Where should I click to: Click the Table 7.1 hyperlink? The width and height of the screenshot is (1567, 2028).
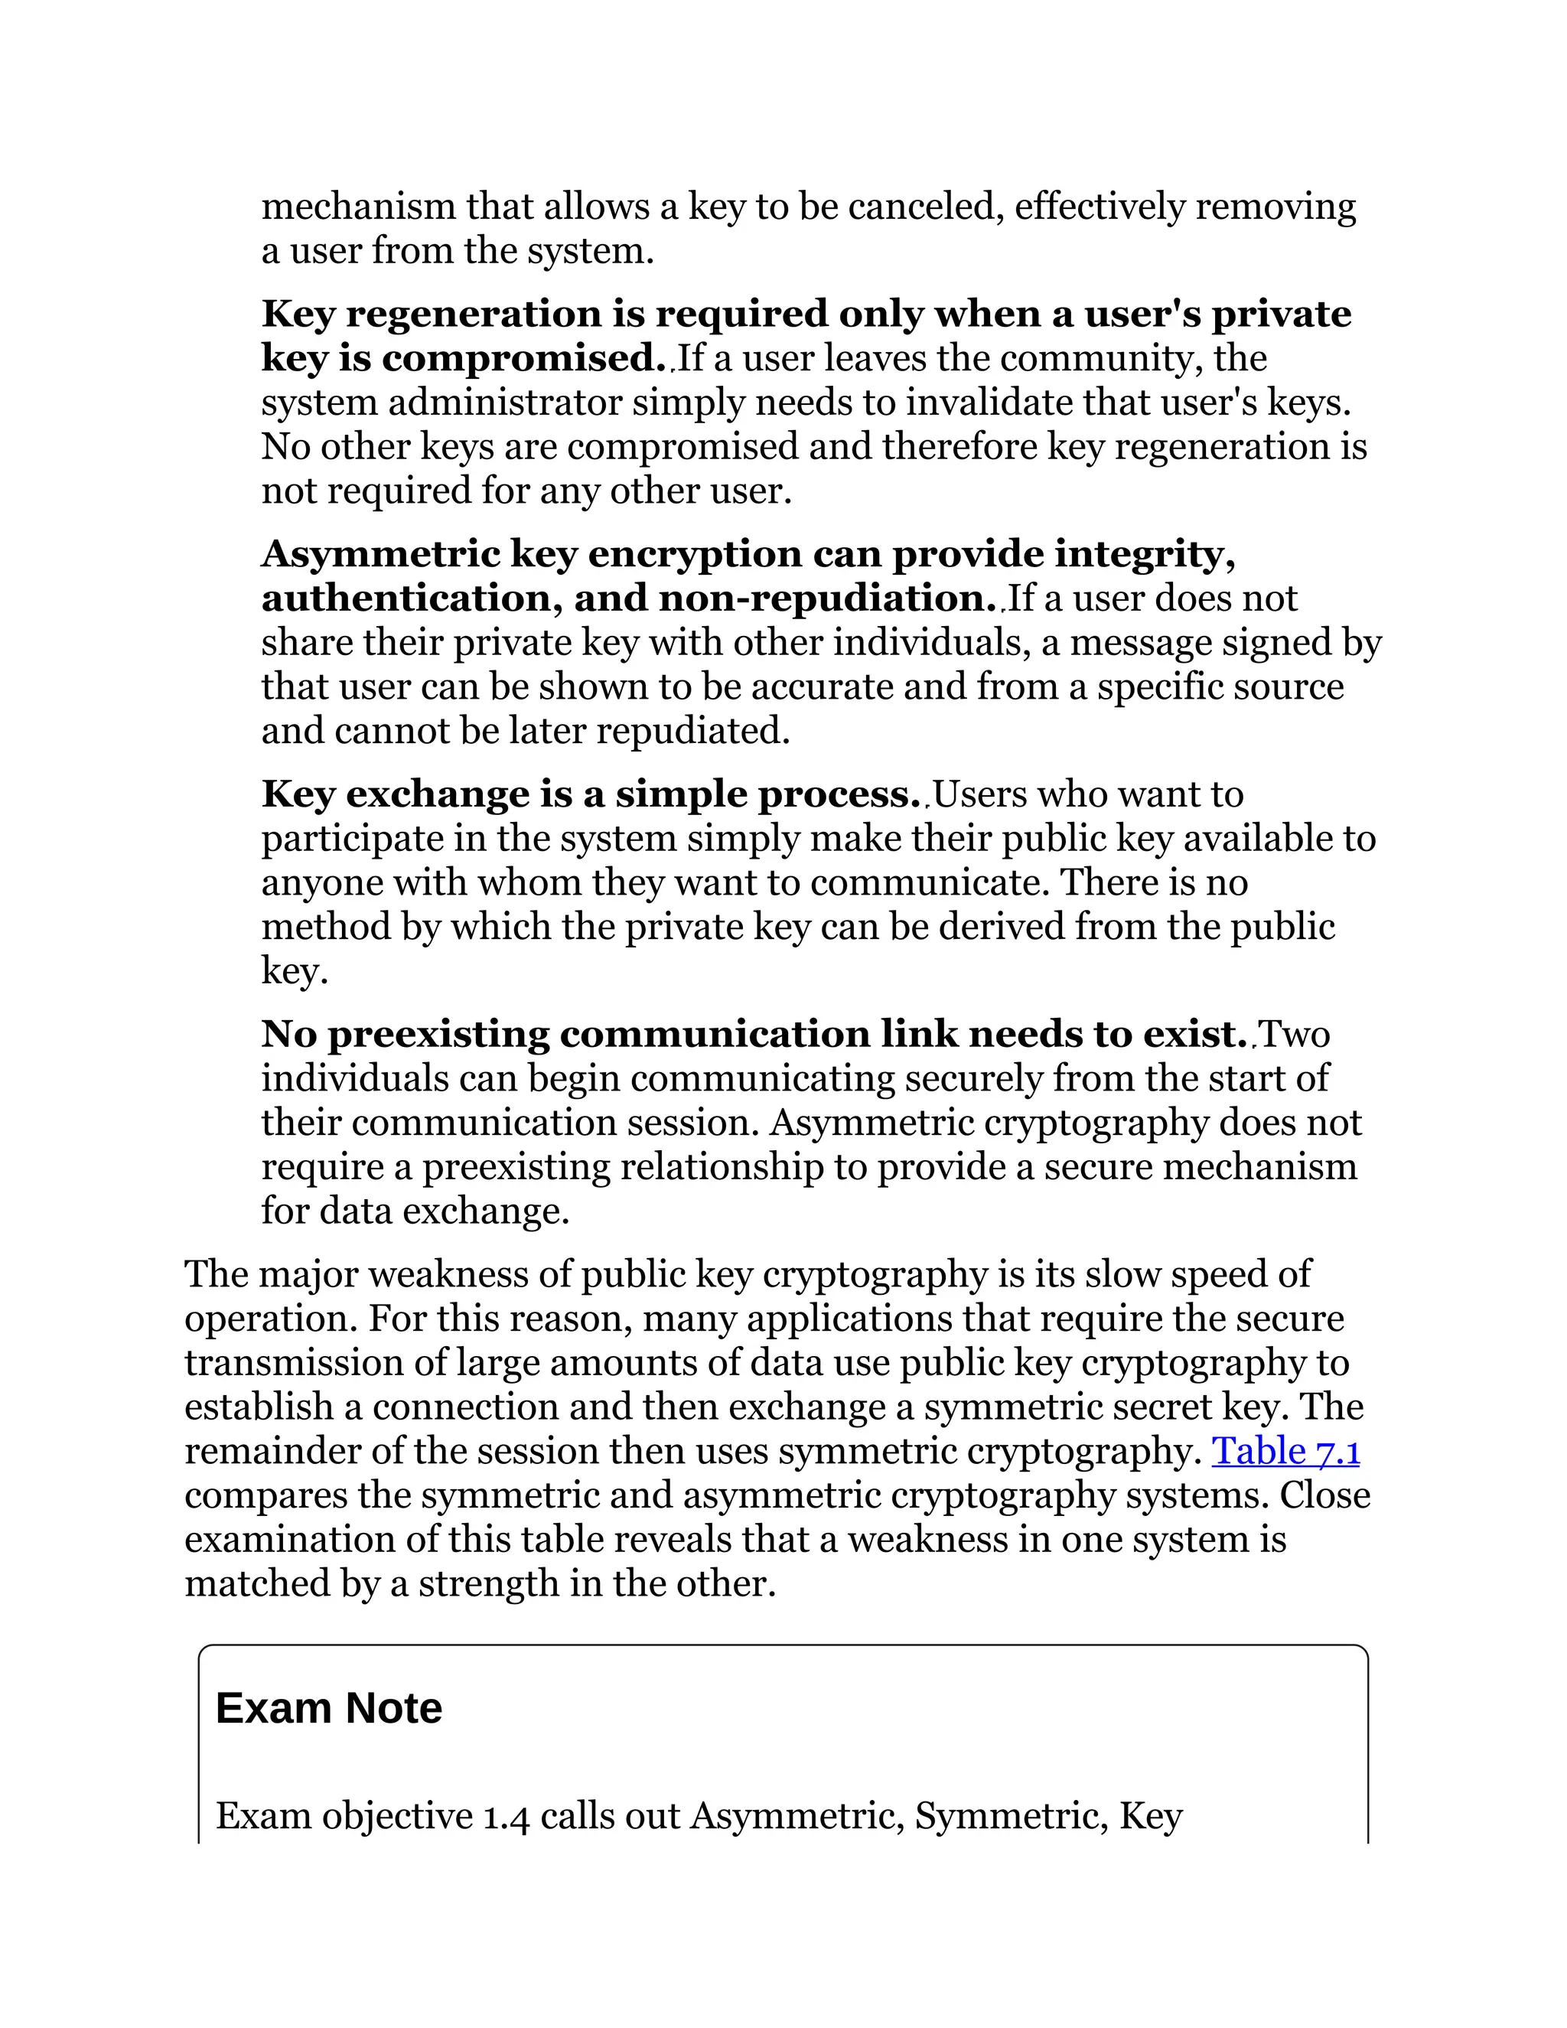point(1285,1450)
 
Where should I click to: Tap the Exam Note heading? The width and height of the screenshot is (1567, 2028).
point(328,1707)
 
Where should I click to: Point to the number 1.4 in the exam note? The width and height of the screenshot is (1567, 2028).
point(506,1815)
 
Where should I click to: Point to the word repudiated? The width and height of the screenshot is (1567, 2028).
point(692,731)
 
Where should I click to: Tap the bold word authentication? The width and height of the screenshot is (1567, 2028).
point(406,598)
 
